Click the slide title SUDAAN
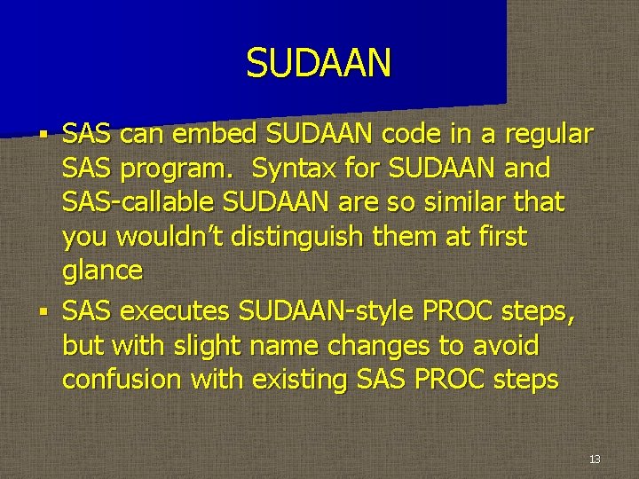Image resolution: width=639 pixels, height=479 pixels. tap(319, 63)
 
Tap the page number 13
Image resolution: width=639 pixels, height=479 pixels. tap(594, 459)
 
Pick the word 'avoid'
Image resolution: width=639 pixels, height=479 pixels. tap(507, 344)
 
